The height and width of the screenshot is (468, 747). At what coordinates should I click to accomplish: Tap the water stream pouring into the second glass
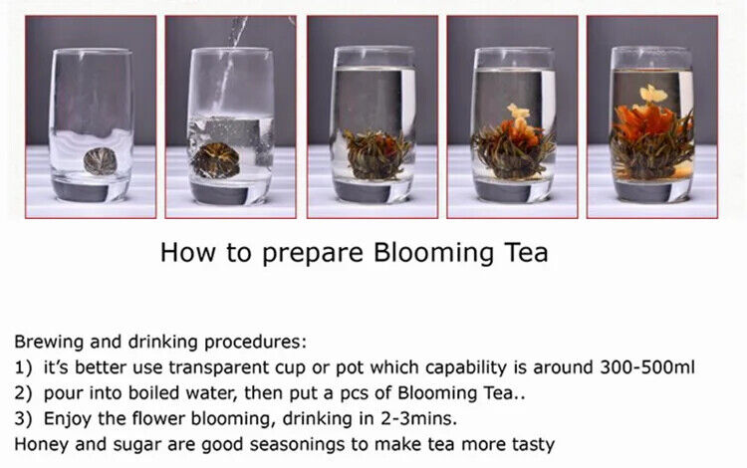click(x=231, y=60)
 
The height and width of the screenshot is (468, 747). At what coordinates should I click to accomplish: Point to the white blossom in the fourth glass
click(x=517, y=112)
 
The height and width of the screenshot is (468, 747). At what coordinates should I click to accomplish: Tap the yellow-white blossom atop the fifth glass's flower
click(x=652, y=95)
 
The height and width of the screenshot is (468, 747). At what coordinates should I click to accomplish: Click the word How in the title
click(x=186, y=253)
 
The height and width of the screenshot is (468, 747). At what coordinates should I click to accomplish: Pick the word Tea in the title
click(x=522, y=253)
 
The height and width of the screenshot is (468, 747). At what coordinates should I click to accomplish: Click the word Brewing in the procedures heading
click(x=49, y=341)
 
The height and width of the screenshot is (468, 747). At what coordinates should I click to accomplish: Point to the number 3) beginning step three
click(x=25, y=418)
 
